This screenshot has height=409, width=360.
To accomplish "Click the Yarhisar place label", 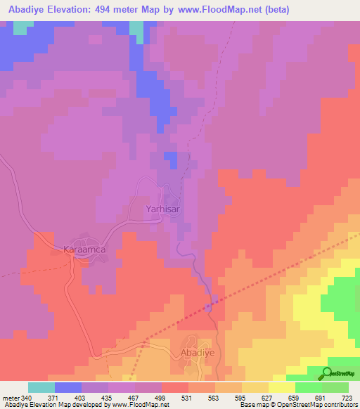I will (164, 209).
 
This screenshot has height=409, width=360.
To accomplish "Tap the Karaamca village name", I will (84, 249).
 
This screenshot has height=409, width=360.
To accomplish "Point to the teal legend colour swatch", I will (41, 387).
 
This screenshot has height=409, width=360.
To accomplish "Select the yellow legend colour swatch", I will (282, 387).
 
